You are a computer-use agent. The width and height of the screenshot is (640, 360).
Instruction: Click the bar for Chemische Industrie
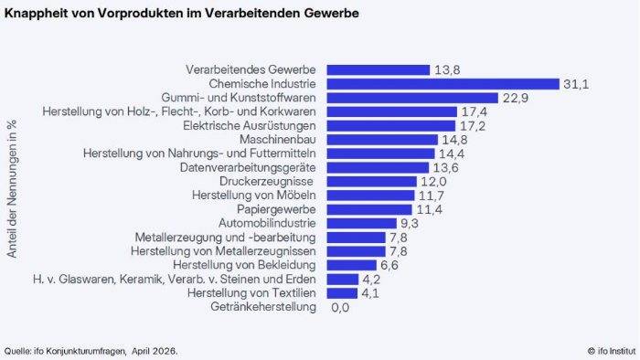443,84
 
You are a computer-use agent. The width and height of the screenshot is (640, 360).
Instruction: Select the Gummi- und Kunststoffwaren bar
412,98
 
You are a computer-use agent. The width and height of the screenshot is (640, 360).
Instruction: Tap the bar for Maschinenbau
382,140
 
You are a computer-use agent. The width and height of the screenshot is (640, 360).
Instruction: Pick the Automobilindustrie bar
362,224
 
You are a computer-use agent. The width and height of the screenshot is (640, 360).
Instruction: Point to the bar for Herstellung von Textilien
342,293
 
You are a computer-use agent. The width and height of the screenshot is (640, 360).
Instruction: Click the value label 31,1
576,84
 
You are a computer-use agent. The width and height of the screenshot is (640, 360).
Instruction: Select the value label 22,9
515,99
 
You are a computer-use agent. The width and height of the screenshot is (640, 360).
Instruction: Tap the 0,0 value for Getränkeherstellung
340,307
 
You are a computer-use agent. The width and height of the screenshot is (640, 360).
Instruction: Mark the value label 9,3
410,224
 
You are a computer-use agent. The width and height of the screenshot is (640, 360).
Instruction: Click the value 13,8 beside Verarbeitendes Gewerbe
447,70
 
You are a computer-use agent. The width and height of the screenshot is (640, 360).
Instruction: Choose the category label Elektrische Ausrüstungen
250,125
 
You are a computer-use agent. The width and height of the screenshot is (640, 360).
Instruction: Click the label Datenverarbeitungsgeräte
248,167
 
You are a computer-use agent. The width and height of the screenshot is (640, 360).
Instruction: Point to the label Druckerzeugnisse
266,182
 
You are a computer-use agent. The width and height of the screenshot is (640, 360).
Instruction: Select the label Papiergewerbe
276,209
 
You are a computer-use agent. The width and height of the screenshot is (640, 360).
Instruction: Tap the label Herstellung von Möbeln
254,196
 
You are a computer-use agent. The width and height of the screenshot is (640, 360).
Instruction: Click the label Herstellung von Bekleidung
244,265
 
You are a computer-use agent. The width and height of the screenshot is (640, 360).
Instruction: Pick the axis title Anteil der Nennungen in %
12,189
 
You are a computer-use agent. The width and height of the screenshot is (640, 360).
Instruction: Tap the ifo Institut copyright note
612,351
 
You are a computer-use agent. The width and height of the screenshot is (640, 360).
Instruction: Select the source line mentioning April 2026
91,351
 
